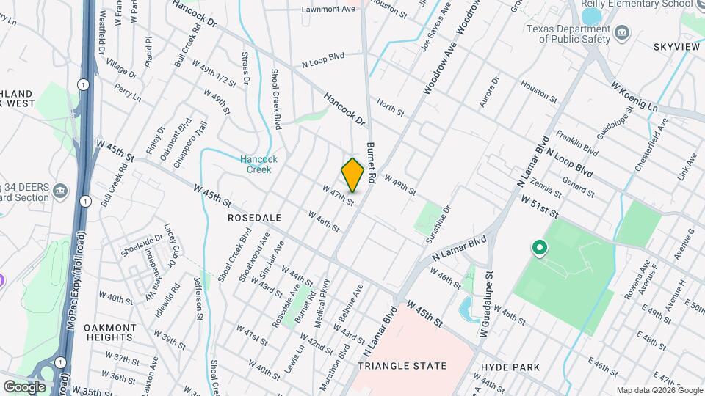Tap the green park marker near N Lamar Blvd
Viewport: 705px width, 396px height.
pyautogui.click(x=540, y=249)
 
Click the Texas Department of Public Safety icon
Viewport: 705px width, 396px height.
pyautogui.click(x=623, y=32)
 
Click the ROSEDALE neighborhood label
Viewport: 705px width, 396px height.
pyautogui.click(x=255, y=218)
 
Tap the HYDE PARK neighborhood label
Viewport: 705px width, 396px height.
pyautogui.click(x=510, y=367)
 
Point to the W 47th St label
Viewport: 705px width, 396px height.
pyautogui.click(x=339, y=194)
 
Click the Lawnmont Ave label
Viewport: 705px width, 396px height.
pyautogui.click(x=329, y=9)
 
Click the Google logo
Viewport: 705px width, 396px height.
pyautogui.click(x=24, y=386)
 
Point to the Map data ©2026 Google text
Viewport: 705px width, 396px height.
pyautogui.click(x=658, y=390)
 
